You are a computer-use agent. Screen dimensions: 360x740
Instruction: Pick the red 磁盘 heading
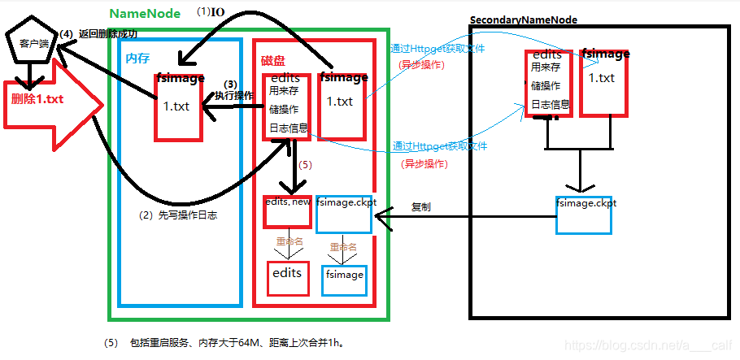(x=273, y=61)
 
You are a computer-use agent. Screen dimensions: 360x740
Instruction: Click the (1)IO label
(x=211, y=11)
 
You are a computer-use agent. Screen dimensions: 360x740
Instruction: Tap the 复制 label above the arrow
(x=421, y=207)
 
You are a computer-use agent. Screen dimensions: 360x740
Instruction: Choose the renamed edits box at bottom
(x=287, y=274)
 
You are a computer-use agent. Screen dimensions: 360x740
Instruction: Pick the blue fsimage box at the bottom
(x=345, y=275)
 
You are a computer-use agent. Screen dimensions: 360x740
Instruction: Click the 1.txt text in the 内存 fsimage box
(x=177, y=106)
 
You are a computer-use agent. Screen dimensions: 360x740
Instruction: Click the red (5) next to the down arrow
(x=305, y=164)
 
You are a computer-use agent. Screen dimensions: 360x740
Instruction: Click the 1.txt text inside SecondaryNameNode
(x=602, y=78)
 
